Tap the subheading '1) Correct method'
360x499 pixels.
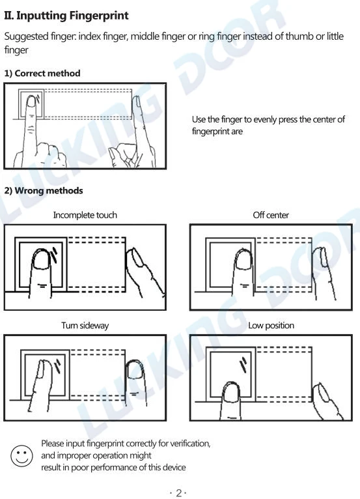(42, 74)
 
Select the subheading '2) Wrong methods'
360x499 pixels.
(44, 191)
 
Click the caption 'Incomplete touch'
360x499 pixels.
(85, 215)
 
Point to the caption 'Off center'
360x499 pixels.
(271, 215)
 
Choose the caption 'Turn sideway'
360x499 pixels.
(85, 325)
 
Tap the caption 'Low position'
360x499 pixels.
(271, 325)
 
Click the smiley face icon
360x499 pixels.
(21, 455)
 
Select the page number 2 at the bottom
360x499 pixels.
(179, 493)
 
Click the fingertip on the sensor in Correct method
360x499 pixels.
(31, 106)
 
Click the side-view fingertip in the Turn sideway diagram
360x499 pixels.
(135, 371)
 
